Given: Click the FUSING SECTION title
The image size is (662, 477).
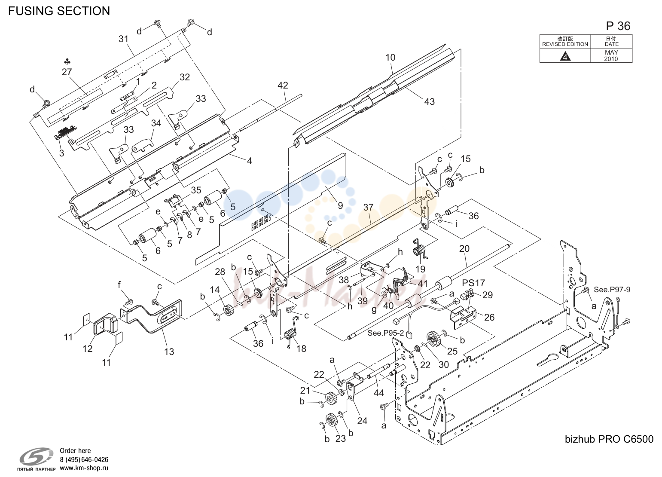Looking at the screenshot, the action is point(59,11).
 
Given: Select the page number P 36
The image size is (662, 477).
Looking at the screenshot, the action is point(618,26).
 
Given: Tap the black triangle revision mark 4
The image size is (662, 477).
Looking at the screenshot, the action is point(565,56).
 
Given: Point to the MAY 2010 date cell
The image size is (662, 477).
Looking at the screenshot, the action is point(611,55).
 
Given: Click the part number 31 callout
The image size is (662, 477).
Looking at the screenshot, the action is point(124,39).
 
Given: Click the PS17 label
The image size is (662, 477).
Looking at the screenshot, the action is point(473,283).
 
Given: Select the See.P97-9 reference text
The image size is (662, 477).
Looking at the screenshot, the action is point(612,290).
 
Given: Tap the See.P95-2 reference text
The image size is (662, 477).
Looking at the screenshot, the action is point(385,333).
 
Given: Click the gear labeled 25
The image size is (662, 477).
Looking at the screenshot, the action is point(433,339).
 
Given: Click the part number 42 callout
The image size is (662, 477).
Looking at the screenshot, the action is point(283,85).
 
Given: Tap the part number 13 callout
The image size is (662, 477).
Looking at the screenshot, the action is point(169,352).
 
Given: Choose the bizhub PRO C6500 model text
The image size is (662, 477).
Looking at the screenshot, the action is point(609,439).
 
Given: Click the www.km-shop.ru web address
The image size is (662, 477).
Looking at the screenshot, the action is point(84,468).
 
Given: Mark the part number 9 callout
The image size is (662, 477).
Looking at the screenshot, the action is point(340,205).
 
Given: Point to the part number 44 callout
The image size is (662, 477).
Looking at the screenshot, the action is point(378,393).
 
